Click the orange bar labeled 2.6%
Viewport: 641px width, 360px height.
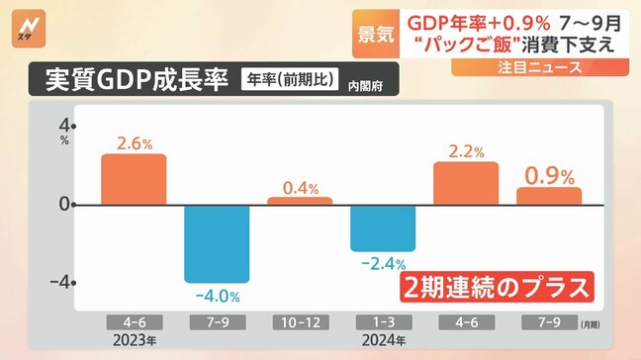point(134,179)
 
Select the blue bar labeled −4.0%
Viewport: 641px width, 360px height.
point(217,243)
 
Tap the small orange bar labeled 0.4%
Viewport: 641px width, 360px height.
point(300,201)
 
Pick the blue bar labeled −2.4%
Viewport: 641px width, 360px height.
point(383,227)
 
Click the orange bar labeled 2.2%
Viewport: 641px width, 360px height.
point(466,183)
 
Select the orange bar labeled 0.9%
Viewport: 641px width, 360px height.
point(549,196)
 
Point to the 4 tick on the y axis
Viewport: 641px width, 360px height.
point(65,127)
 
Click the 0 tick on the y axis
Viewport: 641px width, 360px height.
point(65,205)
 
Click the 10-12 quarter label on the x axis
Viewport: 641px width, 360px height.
point(300,322)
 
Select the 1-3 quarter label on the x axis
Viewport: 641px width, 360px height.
point(383,322)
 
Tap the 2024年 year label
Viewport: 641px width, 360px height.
point(383,341)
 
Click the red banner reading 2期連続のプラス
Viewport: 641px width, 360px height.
point(498,287)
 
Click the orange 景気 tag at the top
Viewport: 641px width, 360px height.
point(374,31)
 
